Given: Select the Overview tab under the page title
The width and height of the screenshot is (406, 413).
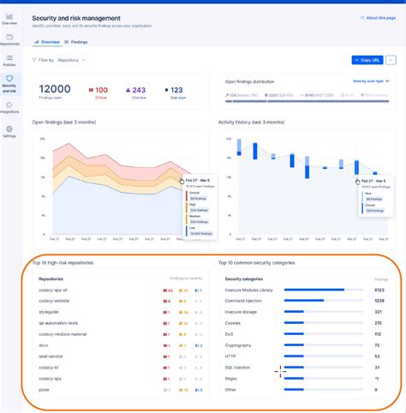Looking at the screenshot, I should click(49, 41).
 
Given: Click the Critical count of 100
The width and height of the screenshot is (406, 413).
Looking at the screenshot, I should click(100, 89).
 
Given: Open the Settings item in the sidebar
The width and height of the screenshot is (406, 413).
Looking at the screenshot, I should click(9, 132).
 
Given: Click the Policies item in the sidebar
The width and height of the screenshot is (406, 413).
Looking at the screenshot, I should click(9, 61).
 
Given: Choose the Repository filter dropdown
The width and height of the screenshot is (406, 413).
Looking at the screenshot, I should click(71, 60).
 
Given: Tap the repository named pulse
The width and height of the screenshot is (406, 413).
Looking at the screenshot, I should click(45, 389).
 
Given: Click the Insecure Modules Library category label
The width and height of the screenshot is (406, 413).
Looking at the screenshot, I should click(249, 290).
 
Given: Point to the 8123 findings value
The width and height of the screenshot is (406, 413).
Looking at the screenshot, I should click(379, 290).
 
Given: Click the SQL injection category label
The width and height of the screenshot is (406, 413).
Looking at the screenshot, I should click(238, 367).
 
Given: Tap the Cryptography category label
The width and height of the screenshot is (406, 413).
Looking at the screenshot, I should click(239, 345).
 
